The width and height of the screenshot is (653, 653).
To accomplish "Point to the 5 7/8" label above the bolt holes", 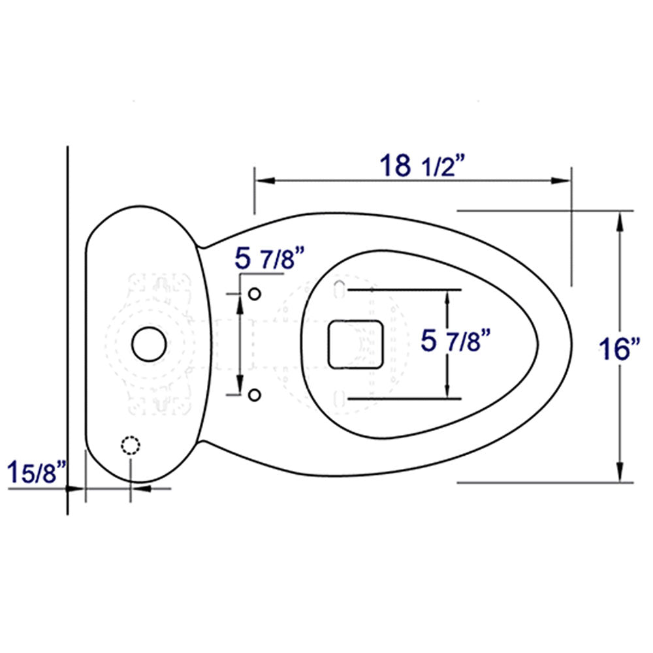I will (x=270, y=259).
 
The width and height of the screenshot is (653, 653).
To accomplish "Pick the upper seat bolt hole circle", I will (x=255, y=293).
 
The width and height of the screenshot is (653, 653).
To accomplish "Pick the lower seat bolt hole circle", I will (x=255, y=393).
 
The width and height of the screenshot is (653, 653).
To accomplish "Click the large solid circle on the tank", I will (x=149, y=343).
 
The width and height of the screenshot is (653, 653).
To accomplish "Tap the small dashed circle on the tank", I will (x=131, y=445).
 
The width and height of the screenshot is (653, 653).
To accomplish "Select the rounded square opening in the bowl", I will (x=355, y=343).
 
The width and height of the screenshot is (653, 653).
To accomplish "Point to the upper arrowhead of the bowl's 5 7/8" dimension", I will (x=447, y=297).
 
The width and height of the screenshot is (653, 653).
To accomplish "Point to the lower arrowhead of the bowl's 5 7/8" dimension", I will (x=447, y=390).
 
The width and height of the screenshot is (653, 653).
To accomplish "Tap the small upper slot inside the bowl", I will (x=339, y=289).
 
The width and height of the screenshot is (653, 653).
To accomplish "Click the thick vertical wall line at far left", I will (x=68, y=326).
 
